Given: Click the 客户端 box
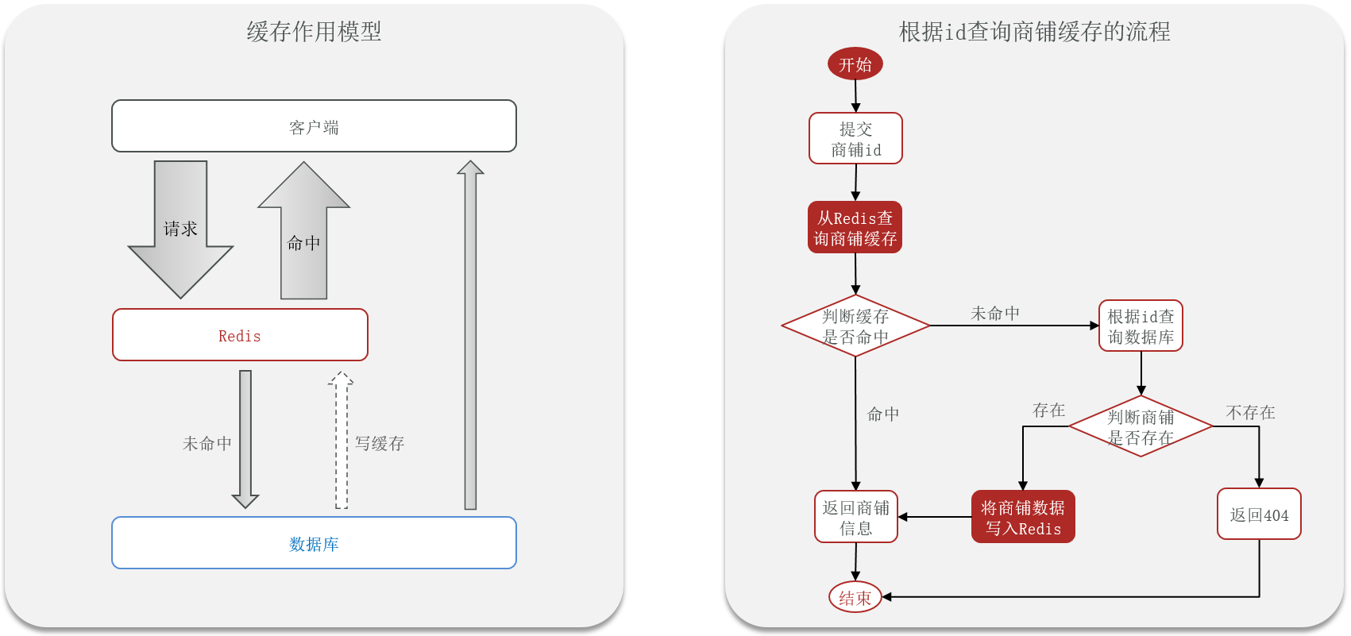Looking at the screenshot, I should pos(314,126).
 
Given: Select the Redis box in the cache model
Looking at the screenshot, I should pos(240,335).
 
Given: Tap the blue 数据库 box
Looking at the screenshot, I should pos(314,543).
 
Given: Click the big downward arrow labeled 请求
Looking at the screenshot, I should pos(180,230).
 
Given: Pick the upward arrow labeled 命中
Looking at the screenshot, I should pos(303,238).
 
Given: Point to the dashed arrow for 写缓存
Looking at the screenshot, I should pos(341,441).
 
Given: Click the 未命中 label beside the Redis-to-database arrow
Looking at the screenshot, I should pos(207,443).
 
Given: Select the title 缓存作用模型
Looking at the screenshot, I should pos(314,32).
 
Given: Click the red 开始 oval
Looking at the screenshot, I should pos(855,64).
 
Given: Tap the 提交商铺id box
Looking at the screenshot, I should pos(855,139).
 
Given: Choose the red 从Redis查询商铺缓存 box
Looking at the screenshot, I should pos(855,228).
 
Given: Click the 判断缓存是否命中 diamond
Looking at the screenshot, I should pos(855,326).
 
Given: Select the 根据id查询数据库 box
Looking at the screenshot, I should pos(1141,326).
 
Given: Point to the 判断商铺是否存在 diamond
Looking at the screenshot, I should pos(1141,427).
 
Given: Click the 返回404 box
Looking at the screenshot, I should pos(1259,515).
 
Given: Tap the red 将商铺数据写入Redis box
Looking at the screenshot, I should pos(1023,517).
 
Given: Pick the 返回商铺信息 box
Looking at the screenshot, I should pos(855,517).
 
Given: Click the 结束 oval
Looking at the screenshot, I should pos(855,598).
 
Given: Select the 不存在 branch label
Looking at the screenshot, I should pos(1250,412).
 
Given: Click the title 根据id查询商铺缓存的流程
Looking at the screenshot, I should pos(1034,32).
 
